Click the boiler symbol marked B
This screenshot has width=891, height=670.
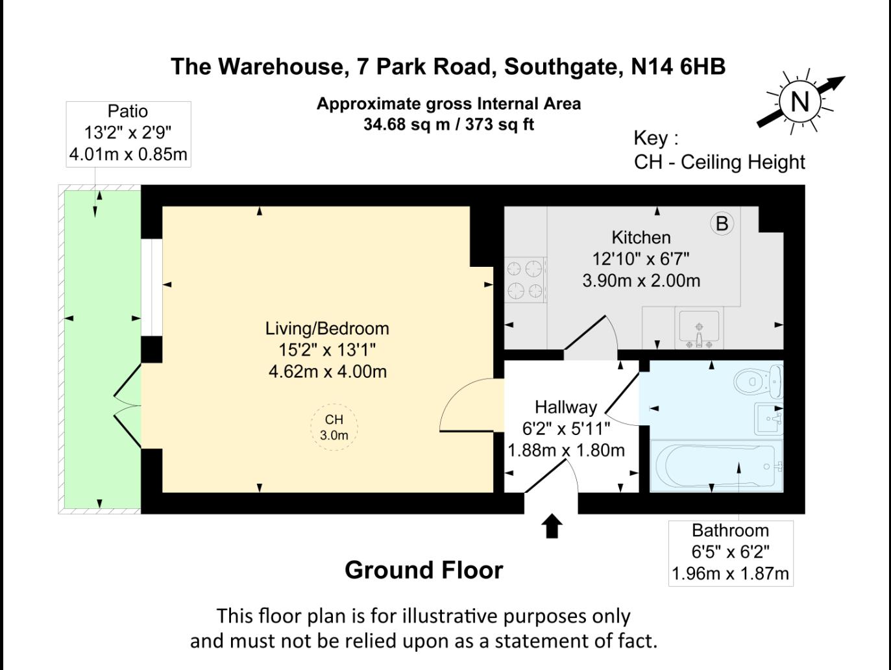tap(722, 223)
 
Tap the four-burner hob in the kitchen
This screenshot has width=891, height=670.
tap(525, 279)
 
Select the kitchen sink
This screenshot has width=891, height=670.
tap(698, 327)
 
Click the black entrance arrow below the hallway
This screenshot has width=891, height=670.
tap(552, 526)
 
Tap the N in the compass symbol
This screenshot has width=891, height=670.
tap(800, 102)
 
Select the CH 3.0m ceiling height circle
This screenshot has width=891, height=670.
tap(334, 427)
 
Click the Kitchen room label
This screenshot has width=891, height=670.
tap(641, 238)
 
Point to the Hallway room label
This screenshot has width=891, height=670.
tap(565, 407)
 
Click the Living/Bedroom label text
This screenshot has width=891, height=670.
tap(327, 329)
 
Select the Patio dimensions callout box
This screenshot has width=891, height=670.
tap(128, 134)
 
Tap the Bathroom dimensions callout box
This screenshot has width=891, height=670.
tap(730, 552)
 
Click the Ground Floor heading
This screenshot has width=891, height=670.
tap(424, 570)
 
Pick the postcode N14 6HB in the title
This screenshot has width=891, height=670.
tap(677, 66)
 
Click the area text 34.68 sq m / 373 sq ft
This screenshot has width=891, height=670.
tap(448, 124)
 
